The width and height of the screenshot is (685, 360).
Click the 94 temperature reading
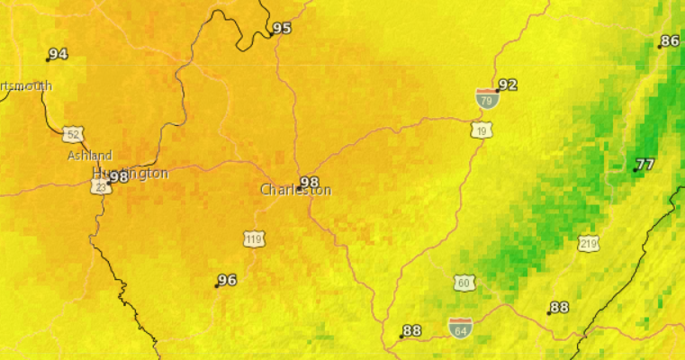[59, 54]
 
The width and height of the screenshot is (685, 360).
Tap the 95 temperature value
[283, 28]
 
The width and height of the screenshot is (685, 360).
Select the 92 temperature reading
[509, 85]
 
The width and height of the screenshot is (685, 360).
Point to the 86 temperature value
[670, 40]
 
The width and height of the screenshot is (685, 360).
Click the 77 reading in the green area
[645, 164]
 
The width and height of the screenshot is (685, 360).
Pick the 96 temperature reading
[228, 280]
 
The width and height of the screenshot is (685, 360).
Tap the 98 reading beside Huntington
[119, 176]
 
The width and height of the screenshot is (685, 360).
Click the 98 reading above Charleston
[310, 182]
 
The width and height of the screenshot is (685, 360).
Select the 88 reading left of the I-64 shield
[412, 330]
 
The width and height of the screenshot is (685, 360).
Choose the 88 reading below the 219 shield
[560, 308]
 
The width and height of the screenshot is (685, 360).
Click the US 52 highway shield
[73, 135]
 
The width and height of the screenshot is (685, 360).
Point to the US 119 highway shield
[253, 238]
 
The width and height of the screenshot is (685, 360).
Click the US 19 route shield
[480, 131]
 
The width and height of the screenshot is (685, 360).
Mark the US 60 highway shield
[464, 283]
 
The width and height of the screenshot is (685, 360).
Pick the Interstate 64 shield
[460, 327]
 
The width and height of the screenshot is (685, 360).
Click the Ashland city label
[90, 156]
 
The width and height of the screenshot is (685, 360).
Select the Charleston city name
[295, 191]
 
